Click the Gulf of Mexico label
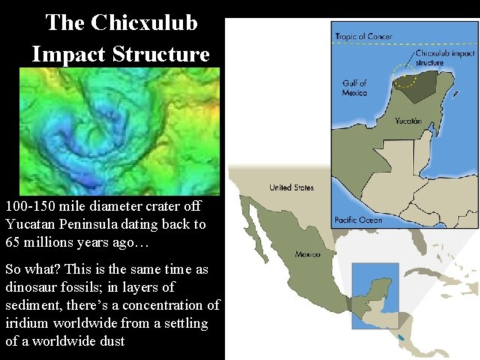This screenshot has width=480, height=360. coord(354,88)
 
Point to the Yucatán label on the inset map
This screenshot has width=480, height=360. coord(409,120)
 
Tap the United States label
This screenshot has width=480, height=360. coord(292,187)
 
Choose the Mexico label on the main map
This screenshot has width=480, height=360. coord(307,254)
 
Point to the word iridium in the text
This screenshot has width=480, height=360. coord(25,323)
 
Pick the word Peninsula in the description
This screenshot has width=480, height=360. coord(98,223)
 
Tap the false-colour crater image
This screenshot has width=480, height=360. coord(119,131)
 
